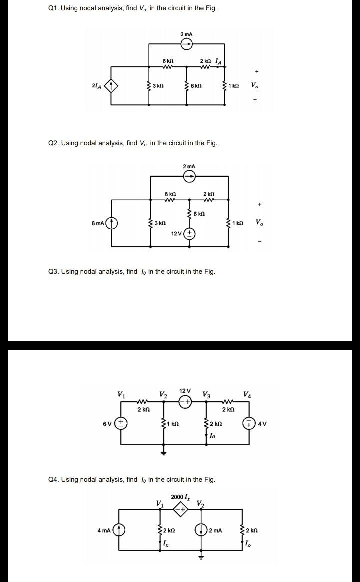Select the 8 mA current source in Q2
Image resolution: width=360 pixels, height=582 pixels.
click(x=111, y=222)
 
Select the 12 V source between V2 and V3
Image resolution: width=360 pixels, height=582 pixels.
click(x=186, y=402)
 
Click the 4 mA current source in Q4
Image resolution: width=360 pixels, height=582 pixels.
click(x=119, y=530)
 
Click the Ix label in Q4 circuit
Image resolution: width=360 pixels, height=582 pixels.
click(x=166, y=544)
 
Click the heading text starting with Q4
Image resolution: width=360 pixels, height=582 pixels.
click(x=132, y=479)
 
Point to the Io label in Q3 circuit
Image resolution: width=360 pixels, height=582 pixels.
click(x=212, y=436)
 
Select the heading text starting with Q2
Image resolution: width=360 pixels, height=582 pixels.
click(x=133, y=143)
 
